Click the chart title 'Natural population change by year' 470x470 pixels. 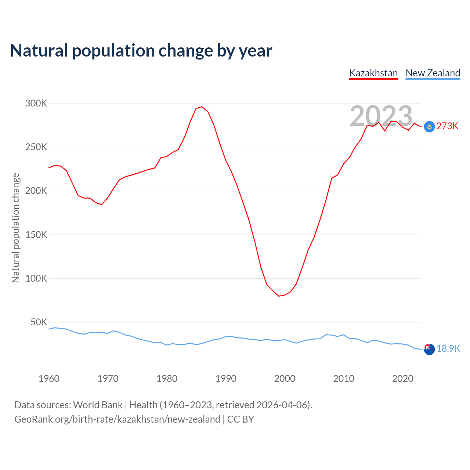click(x=141, y=51)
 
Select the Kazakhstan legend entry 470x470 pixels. click(x=373, y=73)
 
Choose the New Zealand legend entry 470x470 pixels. click(x=433, y=73)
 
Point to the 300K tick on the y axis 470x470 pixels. click(x=36, y=104)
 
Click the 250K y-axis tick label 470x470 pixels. click(x=36, y=147)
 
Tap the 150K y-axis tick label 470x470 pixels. click(x=36, y=235)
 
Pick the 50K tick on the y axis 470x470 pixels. click(x=39, y=322)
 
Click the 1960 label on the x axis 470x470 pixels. click(x=49, y=379)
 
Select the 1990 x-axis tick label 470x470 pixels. click(x=226, y=379)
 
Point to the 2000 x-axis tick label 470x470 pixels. click(x=285, y=379)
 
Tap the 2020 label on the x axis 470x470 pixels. click(x=403, y=379)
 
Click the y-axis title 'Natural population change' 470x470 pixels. click(x=16, y=228)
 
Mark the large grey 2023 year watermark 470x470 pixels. click(x=381, y=116)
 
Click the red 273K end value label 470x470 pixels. click(x=447, y=126)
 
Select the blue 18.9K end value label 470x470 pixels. click(x=448, y=348)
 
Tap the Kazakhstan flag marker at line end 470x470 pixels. click(x=429, y=127)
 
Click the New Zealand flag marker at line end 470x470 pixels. click(x=429, y=349)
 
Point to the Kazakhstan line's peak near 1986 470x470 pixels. click(x=202, y=107)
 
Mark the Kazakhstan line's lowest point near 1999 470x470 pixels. click(x=279, y=296)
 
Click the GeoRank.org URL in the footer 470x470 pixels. click(x=117, y=419)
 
